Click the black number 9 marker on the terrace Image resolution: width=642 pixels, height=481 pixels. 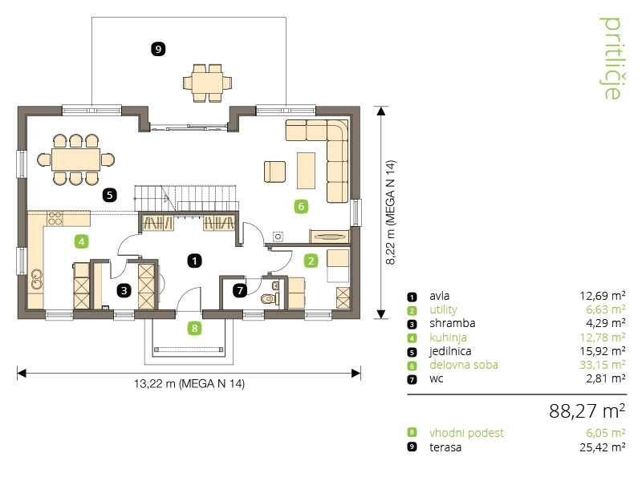click(x=158, y=49)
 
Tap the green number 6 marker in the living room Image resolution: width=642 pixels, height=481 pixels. click(x=301, y=206)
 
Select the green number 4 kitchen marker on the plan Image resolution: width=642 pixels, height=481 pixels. click(x=82, y=242)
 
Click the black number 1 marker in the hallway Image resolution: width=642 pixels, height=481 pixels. click(x=194, y=261)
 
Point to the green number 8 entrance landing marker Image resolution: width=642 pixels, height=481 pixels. click(x=194, y=328)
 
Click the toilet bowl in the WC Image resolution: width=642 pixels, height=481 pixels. click(x=268, y=298)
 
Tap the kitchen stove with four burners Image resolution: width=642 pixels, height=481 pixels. click(x=55, y=219)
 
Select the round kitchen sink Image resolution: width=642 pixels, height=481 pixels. click(x=37, y=279)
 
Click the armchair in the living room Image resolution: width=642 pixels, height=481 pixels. click(x=274, y=172)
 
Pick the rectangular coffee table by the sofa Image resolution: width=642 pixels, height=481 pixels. click(x=306, y=171)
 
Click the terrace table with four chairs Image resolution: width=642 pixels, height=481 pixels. click(x=207, y=83)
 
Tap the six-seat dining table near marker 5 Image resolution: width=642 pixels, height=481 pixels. click(x=75, y=160)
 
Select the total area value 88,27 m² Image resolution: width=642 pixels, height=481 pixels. click(x=587, y=410)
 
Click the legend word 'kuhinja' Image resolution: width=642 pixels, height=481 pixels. click(x=448, y=338)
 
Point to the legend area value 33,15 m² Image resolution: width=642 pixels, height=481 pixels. click(x=603, y=365)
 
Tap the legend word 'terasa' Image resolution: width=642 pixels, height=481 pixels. click(x=445, y=447)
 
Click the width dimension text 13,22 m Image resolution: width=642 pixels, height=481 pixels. click(x=155, y=384)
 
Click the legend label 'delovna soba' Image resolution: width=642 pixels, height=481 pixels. click(x=464, y=365)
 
